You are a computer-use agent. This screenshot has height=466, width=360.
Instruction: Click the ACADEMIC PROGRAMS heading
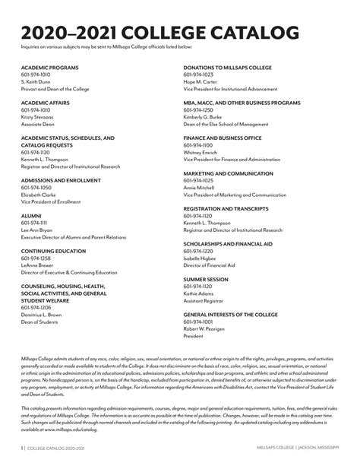(x=49, y=68)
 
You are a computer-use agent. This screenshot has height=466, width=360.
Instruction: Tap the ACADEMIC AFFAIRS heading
(x=45, y=103)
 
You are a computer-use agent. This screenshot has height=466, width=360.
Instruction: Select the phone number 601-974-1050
(x=36, y=187)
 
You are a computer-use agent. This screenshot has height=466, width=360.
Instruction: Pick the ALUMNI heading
(x=31, y=215)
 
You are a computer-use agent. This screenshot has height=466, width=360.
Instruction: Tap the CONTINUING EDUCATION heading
(x=53, y=250)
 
